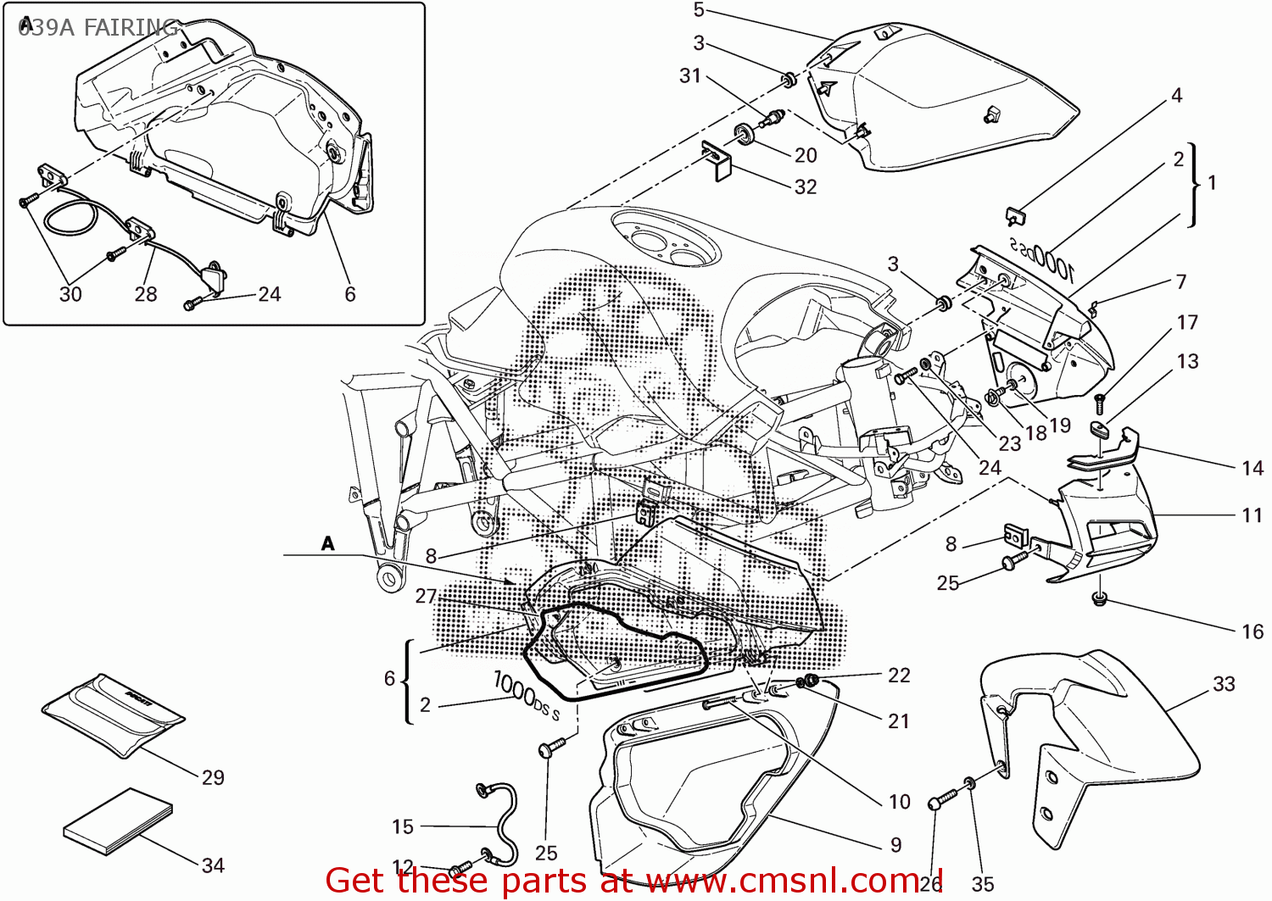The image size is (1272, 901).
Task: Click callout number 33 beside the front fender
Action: [x=1224, y=684]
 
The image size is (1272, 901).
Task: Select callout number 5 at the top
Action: [x=699, y=10]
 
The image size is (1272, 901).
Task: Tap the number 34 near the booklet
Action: [x=213, y=865]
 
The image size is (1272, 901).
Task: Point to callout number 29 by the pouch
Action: [x=213, y=777]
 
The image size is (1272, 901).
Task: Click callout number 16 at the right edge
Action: [x=1252, y=631]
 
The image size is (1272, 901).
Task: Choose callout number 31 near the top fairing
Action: [x=690, y=76]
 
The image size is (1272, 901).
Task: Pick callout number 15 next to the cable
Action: [x=403, y=826]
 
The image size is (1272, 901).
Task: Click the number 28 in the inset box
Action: [x=146, y=294]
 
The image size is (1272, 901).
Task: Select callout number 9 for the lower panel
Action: [x=896, y=845]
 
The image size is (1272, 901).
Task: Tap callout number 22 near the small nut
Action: [x=899, y=676]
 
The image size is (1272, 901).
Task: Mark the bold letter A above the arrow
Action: [x=328, y=544]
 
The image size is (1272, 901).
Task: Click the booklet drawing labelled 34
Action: [x=119, y=821]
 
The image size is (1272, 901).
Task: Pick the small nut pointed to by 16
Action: [x=1100, y=600]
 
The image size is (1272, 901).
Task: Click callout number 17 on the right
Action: [x=1187, y=323]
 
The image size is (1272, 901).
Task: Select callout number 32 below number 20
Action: [x=806, y=186]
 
